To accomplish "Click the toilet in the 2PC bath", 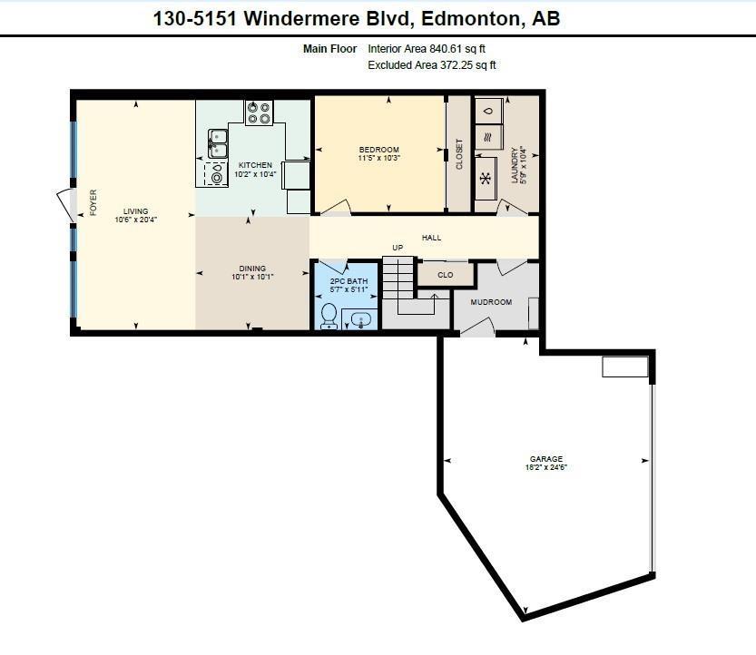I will coord(329,314).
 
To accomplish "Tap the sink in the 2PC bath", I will coord(360,319).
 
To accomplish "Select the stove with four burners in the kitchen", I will coord(259,112).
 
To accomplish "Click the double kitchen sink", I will coord(218,143).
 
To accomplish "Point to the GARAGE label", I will coord(546,459).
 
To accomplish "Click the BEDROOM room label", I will coord(378,150).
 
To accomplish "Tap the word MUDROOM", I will coord(491,302).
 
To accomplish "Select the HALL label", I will coord(431,238).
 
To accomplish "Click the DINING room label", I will coord(252,269).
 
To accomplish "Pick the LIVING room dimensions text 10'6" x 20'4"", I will coord(136,220).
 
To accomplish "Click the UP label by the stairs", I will coord(398,248).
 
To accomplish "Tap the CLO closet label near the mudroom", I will coord(446,274).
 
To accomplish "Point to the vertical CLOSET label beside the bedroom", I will coord(459,153).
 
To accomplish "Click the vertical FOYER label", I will coord(93,202).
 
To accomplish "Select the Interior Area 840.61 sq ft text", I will coord(432,49).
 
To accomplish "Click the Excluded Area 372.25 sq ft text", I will coord(432,65).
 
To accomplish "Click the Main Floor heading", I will coord(330,49).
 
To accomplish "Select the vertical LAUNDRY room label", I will coord(514,165).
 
